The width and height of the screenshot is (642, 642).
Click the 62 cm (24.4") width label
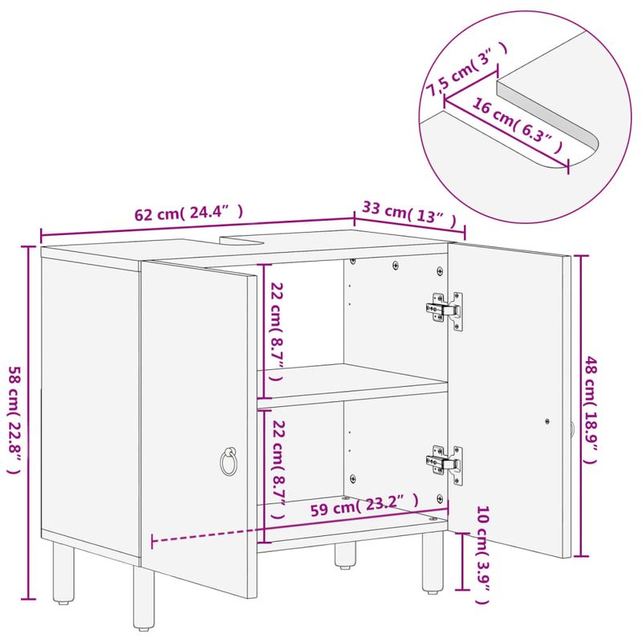tap(189, 214)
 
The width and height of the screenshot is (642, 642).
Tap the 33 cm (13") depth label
tap(408, 212)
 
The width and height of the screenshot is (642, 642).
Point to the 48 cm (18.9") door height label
tap(591, 408)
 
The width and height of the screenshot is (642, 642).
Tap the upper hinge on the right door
tap(444, 307)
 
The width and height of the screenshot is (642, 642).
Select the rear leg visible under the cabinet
tap(345, 554)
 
